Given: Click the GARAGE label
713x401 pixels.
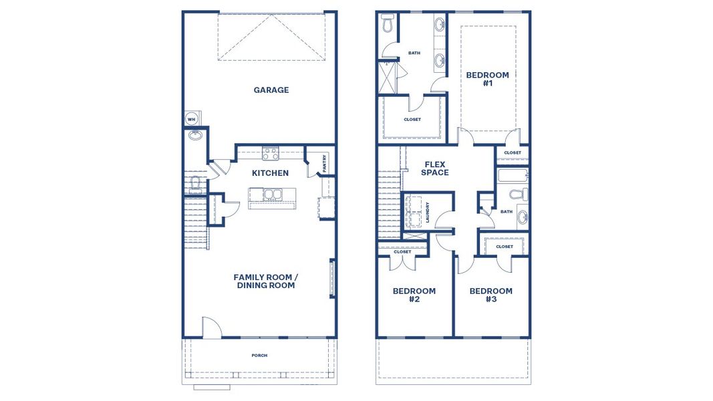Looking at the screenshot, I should pyautogui.click(x=271, y=90).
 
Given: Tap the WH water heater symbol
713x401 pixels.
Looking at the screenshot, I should pyautogui.click(x=191, y=120).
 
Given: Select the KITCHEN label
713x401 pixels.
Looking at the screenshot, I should pyautogui.click(x=270, y=173).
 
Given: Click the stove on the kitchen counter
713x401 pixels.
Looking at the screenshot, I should pyautogui.click(x=270, y=154).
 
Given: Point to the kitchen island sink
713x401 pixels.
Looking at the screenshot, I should pyautogui.click(x=272, y=194).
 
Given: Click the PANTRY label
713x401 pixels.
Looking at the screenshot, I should pyautogui.click(x=325, y=164).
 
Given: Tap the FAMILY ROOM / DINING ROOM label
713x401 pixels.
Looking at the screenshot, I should pyautogui.click(x=265, y=281).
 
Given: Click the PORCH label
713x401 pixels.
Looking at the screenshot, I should pyautogui.click(x=259, y=356).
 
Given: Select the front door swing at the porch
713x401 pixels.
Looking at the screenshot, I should pyautogui.click(x=211, y=327).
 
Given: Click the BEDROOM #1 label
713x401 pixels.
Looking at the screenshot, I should pyautogui.click(x=487, y=79).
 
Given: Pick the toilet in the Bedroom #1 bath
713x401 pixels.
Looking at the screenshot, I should pyautogui.click(x=388, y=25).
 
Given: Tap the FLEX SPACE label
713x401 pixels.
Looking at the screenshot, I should pyautogui.click(x=435, y=168).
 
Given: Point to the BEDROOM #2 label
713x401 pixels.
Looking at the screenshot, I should pyautogui.click(x=414, y=295).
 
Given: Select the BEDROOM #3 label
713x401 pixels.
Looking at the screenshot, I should pyautogui.click(x=490, y=295).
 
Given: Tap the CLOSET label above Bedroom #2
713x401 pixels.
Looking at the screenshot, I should pyautogui.click(x=402, y=252).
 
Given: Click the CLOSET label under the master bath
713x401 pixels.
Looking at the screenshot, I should pyautogui.click(x=412, y=120).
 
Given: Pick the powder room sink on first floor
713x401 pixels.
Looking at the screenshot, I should pyautogui.click(x=196, y=136).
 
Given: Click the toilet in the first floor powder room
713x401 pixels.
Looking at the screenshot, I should pyautogui.click(x=196, y=182).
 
